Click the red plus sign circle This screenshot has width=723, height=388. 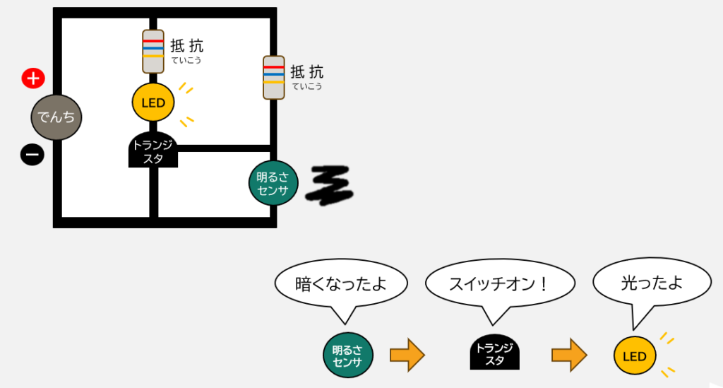click(x=33, y=78)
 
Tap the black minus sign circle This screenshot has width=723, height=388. click(x=32, y=155)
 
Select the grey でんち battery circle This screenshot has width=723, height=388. click(x=56, y=117)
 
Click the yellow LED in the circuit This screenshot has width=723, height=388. click(x=153, y=102)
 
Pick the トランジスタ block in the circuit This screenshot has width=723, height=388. click(x=153, y=150)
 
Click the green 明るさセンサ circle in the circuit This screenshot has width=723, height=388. click(x=273, y=183)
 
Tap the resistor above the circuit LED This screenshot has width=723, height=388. click(x=153, y=52)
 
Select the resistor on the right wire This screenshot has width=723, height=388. click(x=274, y=78)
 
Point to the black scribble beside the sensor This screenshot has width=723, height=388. click(x=329, y=184)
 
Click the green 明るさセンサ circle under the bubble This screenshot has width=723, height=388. click(x=348, y=355)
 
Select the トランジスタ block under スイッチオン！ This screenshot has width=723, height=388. click(x=495, y=352)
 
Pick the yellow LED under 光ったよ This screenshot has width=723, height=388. click(x=635, y=355)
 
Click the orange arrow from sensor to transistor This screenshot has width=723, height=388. click(x=407, y=355)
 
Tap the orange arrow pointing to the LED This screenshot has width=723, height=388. click(x=570, y=355)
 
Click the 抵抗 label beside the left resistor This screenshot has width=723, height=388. click(x=186, y=46)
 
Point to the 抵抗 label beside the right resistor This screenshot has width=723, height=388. click(x=307, y=72)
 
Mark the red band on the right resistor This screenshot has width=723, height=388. click(x=274, y=67)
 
